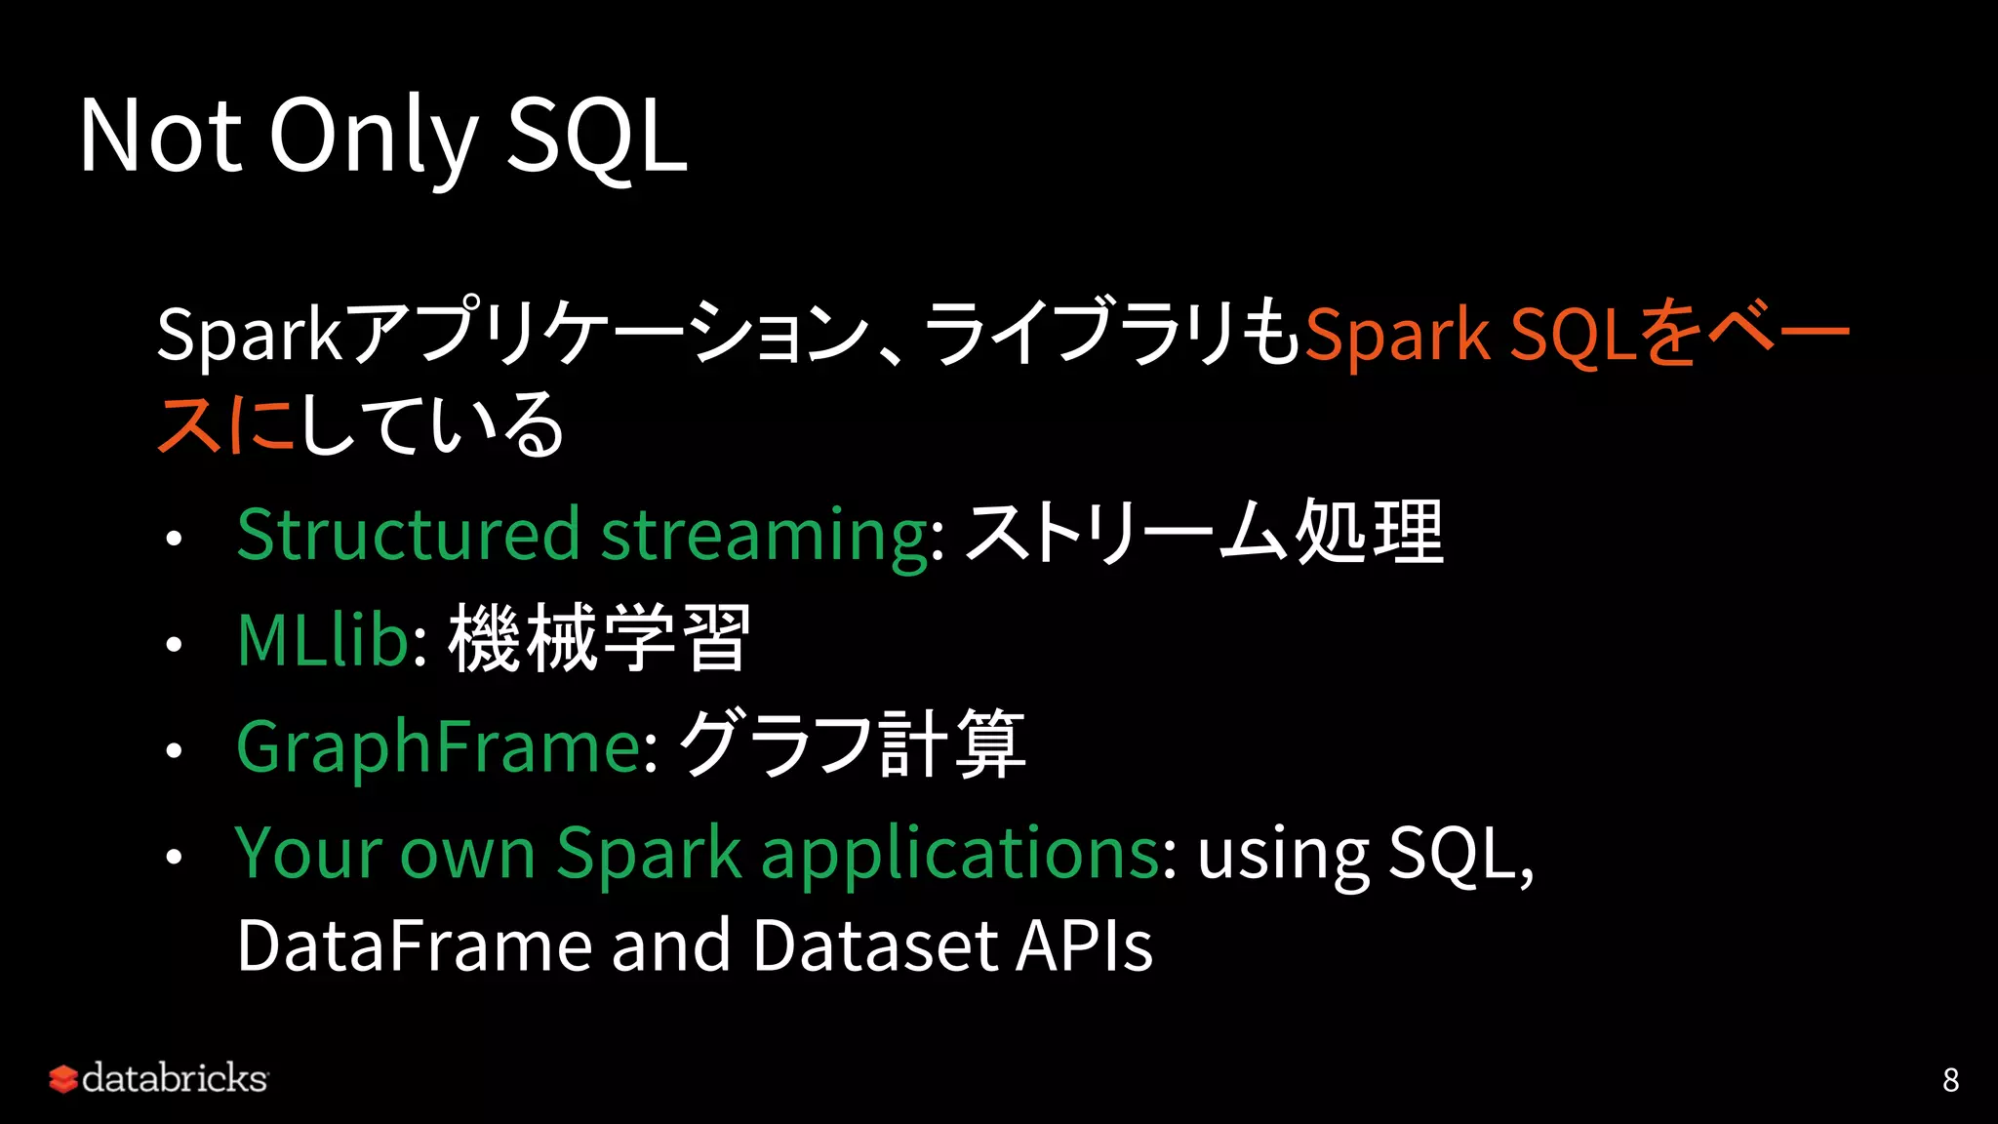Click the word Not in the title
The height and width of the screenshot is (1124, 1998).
[160, 137]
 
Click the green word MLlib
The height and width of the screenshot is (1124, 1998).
[322, 640]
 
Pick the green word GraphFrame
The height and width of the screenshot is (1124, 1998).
[439, 746]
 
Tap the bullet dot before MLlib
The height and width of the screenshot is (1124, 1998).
[174, 644]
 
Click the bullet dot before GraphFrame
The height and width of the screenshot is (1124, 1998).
[174, 750]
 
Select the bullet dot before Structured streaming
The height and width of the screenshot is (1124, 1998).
[174, 539]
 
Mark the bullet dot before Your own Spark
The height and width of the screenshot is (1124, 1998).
[174, 857]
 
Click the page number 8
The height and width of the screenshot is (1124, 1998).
[1950, 1079]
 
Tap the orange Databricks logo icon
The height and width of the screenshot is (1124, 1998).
[62, 1079]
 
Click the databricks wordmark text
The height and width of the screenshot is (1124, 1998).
[175, 1078]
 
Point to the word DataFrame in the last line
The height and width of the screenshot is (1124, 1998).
[414, 945]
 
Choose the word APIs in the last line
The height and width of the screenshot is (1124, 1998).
[1084, 945]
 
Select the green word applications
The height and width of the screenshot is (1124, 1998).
[960, 854]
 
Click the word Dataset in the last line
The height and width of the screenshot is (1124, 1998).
[875, 945]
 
